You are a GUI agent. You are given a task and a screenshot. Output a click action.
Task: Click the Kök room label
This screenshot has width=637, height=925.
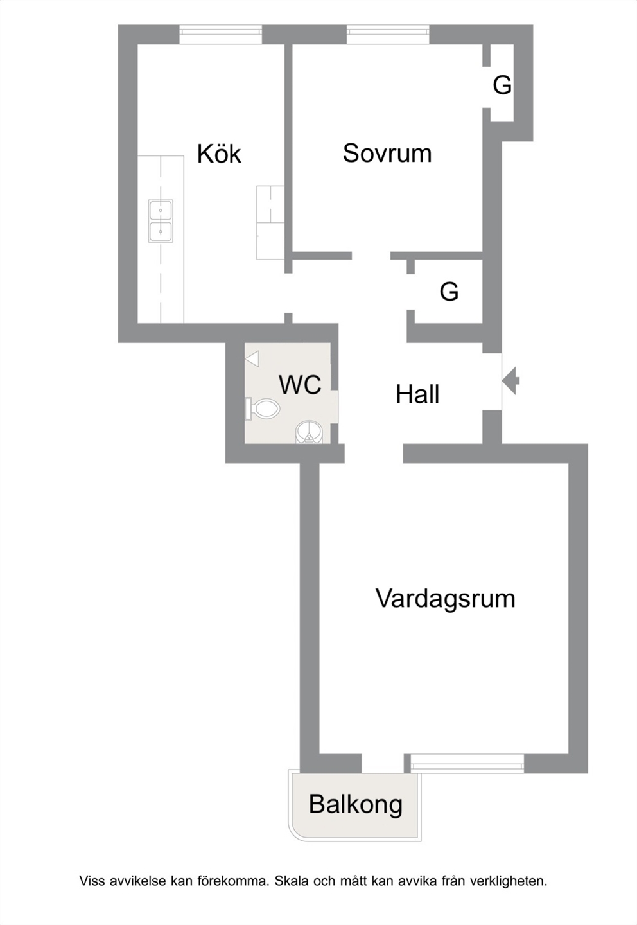219,154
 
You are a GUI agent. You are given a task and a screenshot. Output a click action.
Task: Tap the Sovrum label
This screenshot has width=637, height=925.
387,153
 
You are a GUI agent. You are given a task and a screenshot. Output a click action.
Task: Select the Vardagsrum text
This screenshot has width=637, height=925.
445,599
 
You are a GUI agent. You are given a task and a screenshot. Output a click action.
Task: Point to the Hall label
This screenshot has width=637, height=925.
417,394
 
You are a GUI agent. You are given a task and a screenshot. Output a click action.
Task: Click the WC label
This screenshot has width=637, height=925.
300,384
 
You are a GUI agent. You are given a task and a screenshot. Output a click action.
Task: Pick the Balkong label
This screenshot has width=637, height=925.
356,805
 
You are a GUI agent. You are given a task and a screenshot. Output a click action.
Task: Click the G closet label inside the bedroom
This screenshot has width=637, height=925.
502,85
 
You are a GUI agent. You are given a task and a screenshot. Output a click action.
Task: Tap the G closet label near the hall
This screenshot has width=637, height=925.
449,292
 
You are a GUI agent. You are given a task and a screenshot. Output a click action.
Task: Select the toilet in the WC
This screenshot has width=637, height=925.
263,409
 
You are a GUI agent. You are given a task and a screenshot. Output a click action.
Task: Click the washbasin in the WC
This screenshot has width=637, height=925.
310,432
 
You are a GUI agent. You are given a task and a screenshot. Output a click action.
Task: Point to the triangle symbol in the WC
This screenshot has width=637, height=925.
252,358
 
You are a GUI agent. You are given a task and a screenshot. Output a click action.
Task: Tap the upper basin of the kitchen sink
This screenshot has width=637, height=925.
161,211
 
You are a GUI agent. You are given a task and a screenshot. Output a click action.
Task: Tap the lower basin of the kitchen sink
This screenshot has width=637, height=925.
161,232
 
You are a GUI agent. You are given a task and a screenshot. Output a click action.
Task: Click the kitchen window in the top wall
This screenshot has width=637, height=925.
220,35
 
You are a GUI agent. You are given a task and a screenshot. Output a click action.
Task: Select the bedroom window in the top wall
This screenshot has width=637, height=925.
388,35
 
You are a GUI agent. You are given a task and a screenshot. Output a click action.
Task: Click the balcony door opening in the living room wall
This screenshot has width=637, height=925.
383,763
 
